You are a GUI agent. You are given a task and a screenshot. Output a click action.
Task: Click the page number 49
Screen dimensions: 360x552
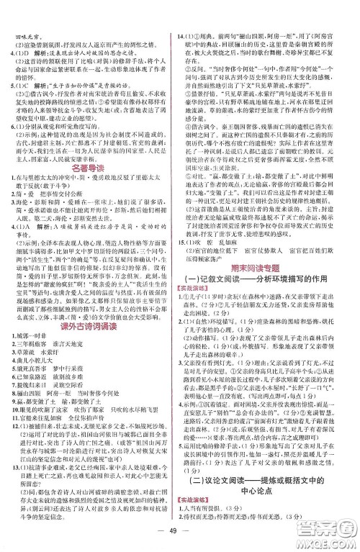(x=179, y=538)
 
